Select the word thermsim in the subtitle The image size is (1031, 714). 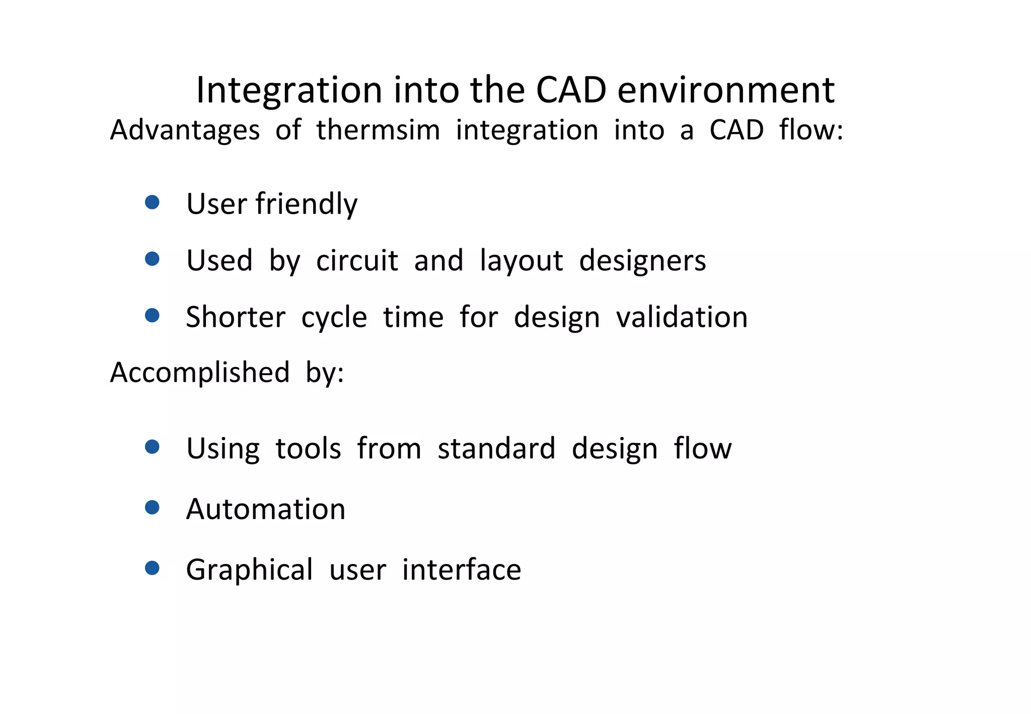378,130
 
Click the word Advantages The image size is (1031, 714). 185,130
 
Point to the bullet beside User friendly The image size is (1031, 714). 152,202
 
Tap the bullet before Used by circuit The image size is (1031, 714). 152,259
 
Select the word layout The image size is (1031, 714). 521,261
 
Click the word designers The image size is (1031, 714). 642,261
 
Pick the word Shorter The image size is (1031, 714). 236,317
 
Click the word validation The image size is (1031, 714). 682,317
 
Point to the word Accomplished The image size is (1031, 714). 200,373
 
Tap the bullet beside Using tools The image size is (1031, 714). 152,447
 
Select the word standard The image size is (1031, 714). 496,448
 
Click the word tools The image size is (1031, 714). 308,448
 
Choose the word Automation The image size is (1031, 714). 266,509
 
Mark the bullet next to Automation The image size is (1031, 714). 152,507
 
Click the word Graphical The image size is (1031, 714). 249,570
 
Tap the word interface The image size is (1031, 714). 461,570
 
